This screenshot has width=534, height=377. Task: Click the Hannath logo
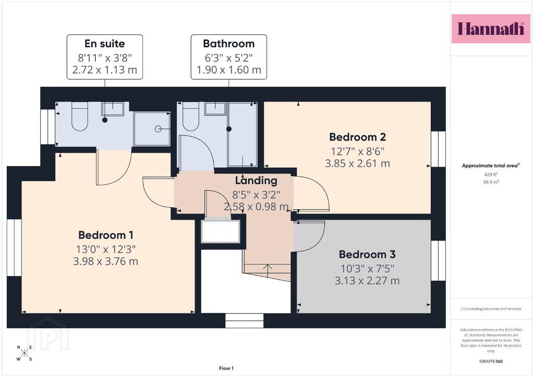(x=491, y=29)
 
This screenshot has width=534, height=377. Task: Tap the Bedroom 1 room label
(x=105, y=235)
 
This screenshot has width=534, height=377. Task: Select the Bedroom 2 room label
(x=357, y=137)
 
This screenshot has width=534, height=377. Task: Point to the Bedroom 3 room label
(x=367, y=254)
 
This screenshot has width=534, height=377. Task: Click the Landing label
(x=256, y=181)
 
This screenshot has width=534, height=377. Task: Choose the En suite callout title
(x=104, y=44)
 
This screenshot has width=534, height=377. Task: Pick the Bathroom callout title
(x=228, y=44)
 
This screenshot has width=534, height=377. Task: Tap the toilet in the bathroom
(x=191, y=116)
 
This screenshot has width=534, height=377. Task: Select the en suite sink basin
(x=113, y=109)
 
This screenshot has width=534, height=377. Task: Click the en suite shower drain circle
(x=158, y=129)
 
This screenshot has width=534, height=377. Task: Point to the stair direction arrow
(x=268, y=270)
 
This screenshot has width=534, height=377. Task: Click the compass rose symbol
(x=25, y=353)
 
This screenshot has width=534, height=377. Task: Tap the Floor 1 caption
(x=226, y=368)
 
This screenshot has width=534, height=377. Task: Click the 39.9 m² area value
(x=491, y=182)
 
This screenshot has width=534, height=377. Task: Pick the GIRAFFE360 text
(x=491, y=361)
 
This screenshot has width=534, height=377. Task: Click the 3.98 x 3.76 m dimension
(x=105, y=261)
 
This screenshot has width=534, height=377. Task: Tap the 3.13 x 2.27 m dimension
(x=367, y=281)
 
